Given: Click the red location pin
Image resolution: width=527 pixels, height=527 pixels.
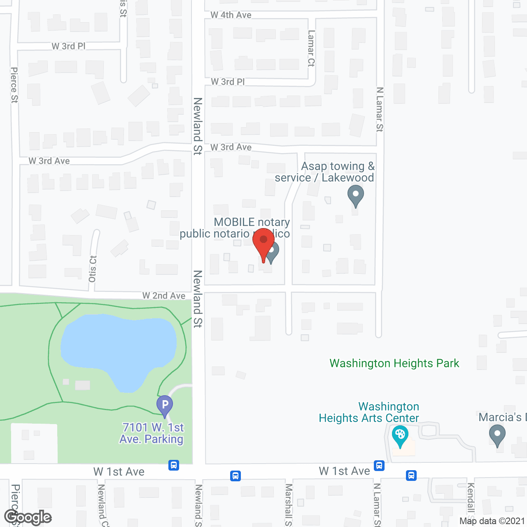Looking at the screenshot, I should point(263,243).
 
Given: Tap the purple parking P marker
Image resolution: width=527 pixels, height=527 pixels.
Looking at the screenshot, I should point(165,404).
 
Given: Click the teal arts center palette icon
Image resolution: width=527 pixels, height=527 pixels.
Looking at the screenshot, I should point(400,435).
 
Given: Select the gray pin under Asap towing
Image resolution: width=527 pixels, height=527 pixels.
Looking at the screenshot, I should point(355,195).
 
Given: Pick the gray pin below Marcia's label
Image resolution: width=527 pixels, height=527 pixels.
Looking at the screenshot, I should point(497,435).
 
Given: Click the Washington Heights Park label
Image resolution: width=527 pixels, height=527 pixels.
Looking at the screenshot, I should point(394,363).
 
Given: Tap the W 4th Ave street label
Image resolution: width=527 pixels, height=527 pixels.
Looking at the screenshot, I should point(231,15).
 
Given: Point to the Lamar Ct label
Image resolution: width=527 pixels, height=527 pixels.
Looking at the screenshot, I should point(311,48).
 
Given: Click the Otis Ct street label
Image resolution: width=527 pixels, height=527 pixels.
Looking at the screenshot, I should point(93,269).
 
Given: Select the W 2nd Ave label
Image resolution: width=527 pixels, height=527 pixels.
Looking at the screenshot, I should point(164,296).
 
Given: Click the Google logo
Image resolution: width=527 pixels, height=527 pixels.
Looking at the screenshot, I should point(28,517).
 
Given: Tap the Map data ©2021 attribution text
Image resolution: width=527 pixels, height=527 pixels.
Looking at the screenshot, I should point(492,521).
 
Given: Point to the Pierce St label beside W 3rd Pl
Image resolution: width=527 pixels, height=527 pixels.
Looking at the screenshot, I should point(14,85).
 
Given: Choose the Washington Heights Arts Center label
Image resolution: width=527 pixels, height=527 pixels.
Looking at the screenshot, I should point(369,412).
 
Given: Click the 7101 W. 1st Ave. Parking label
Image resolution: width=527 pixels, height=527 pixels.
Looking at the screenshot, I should point(152,433).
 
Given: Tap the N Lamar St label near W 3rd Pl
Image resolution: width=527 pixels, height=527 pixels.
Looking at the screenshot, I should point(380,110).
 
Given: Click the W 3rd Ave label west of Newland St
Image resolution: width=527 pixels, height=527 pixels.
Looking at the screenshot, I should point(49,161).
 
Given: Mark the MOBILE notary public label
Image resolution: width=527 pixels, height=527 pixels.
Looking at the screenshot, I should point(235,228).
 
